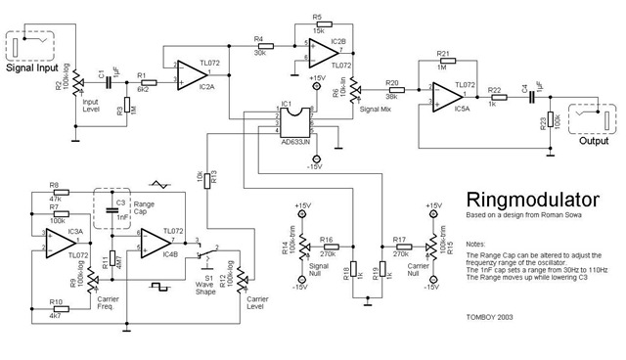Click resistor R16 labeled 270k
(x=330, y=247)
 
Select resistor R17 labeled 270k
(x=398, y=247)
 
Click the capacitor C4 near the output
(x=529, y=97)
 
